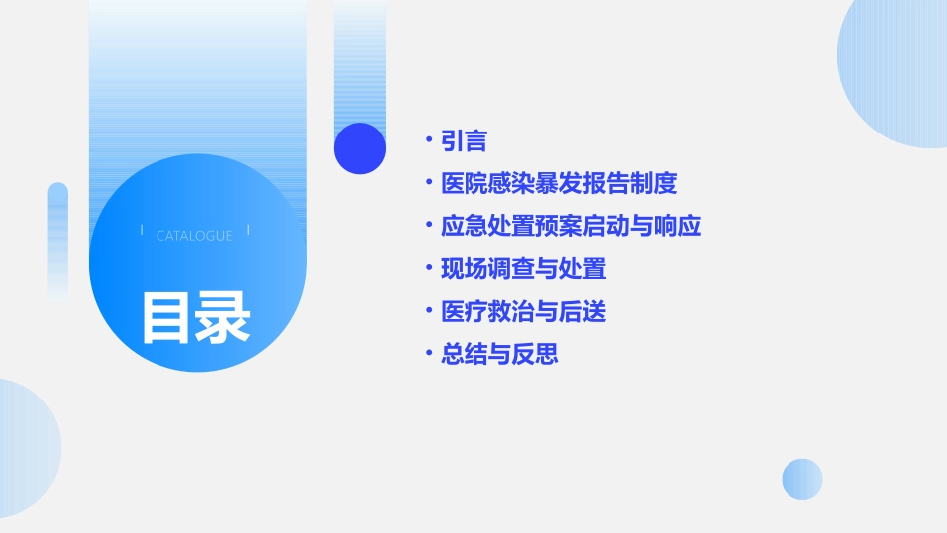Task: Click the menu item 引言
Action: pyautogui.click(x=464, y=141)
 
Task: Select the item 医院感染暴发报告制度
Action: pyautogui.click(x=558, y=184)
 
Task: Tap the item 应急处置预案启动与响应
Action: pyautogui.click(x=570, y=226)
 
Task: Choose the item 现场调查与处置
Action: pyautogui.click(x=522, y=269)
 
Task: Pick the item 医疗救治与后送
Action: pyautogui.click(x=522, y=312)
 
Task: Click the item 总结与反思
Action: pyautogui.click(x=499, y=354)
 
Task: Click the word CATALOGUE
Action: pyautogui.click(x=194, y=236)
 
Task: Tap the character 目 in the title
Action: pyautogui.click(x=166, y=318)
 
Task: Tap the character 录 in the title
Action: pyautogui.click(x=223, y=318)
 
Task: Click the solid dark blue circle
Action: pyautogui.click(x=360, y=148)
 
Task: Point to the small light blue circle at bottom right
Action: pyautogui.click(x=802, y=479)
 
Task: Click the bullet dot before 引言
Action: pyautogui.click(x=428, y=141)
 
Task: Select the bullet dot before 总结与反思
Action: pyautogui.click(x=428, y=354)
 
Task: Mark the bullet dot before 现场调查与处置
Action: pyautogui.click(x=428, y=269)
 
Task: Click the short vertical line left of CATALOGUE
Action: pyautogui.click(x=142, y=231)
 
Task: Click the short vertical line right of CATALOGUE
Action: pyautogui.click(x=248, y=231)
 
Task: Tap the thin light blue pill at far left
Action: pyautogui.click(x=58, y=239)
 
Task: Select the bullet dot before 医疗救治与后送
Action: pyautogui.click(x=428, y=312)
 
